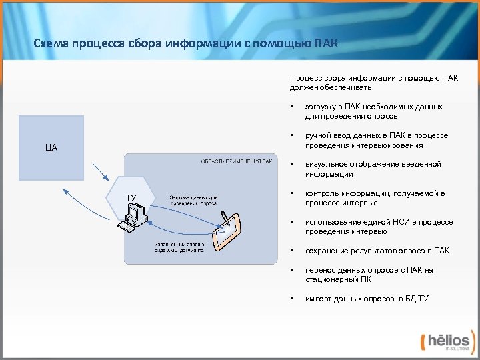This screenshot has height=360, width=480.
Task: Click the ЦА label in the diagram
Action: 51,147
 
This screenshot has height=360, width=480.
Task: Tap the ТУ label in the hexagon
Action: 131,197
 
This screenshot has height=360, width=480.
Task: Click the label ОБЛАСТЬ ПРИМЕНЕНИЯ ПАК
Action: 237,161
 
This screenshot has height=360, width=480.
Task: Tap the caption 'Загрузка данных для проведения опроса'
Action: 193,200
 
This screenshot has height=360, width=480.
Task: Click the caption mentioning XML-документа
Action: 179,247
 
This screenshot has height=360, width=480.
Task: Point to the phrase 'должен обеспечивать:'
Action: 331,87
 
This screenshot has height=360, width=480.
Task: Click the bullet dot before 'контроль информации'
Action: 291,193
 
